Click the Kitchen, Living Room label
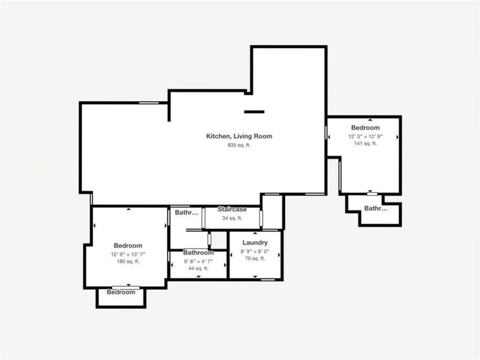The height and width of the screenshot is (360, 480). [x=239, y=136]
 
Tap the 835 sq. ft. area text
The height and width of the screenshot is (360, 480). [x=239, y=145]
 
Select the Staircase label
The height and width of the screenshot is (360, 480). [x=232, y=210]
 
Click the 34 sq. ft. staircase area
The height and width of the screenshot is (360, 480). [x=232, y=218]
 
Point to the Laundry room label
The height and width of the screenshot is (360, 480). [x=255, y=243]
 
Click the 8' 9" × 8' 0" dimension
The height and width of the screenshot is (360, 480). [x=255, y=251]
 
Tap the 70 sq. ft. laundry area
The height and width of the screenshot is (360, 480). [x=255, y=259]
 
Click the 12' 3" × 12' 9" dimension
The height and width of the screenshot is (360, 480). [x=365, y=136]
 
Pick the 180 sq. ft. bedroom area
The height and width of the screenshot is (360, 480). [x=128, y=261]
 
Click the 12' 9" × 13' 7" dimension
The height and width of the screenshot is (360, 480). [x=128, y=254]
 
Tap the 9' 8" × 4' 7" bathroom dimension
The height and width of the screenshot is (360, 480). [x=198, y=261]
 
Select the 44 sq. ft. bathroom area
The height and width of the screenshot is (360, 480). [x=198, y=268]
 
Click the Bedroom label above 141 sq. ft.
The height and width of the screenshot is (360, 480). [x=365, y=127]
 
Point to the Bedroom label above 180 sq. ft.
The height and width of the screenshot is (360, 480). [x=128, y=246]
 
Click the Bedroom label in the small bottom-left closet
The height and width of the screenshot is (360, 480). [x=121, y=292]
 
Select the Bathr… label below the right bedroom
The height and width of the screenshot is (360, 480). [x=375, y=209]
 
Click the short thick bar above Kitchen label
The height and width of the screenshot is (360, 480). [x=254, y=112]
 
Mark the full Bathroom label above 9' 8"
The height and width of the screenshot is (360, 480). [x=198, y=252]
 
